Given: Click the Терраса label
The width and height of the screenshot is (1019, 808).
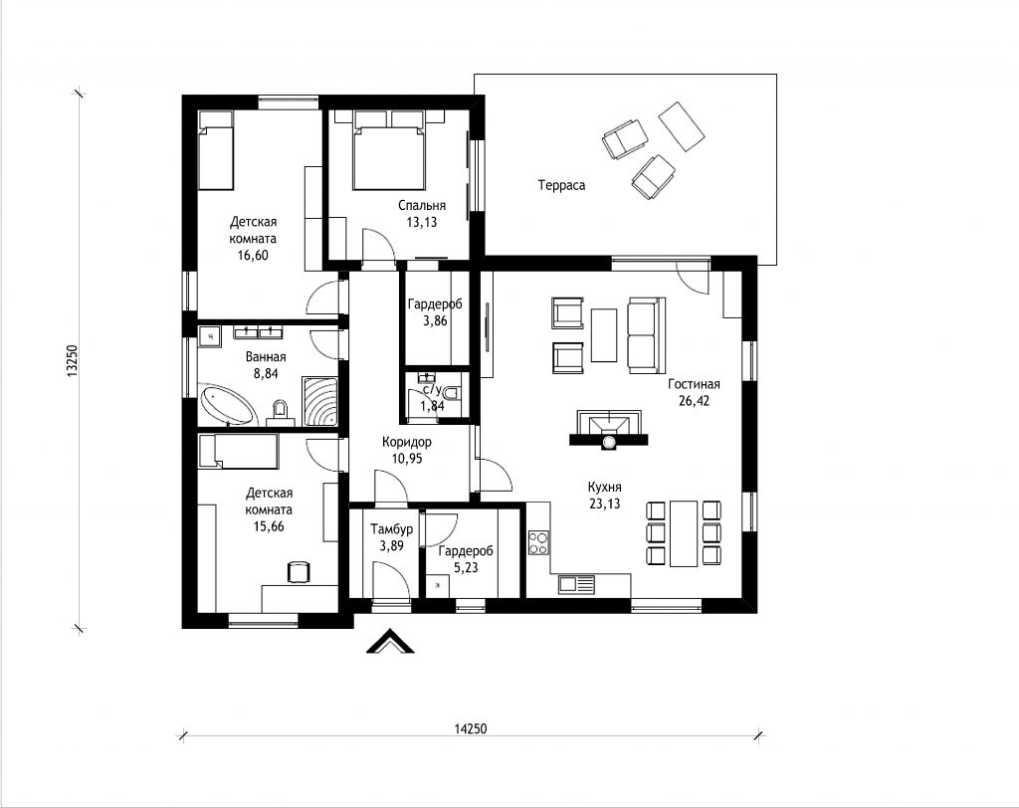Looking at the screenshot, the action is coord(561,185).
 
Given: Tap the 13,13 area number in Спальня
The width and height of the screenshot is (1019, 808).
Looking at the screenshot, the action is coord(422,222).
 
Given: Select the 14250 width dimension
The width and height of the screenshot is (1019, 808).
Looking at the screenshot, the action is coord(470,728).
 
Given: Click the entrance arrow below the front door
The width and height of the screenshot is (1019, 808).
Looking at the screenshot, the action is coord(390,641).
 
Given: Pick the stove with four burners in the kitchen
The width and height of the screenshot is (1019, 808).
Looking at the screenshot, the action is coord(538,542).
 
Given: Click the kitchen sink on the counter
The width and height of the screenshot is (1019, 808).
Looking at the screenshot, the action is coord(576,584).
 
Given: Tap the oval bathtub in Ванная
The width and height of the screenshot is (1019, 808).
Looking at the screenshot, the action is coord(227,406).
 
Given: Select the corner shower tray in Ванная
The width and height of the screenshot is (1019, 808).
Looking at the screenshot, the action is coord(319,401).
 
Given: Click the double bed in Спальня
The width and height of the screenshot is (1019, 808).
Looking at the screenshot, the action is coord(389,151).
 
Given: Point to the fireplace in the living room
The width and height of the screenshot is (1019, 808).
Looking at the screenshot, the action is coord(609,428).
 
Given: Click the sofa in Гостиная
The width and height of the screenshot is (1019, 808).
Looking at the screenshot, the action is coord(646,335).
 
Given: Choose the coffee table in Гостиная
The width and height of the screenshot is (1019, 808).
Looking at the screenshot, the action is coord(604,334).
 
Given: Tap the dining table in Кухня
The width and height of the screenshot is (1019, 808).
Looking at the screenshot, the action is coord(684,533).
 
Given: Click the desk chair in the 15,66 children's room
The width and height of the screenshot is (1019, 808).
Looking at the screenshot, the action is coord(298,571).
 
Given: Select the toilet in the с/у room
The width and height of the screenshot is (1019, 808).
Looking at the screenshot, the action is coord(453,393).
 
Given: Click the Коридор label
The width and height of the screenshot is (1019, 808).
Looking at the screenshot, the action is coord(407,442).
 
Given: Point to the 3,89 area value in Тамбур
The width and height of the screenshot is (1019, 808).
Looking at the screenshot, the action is coord(392,546).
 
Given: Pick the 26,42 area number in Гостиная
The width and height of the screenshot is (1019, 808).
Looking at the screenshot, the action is coord(694,400).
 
